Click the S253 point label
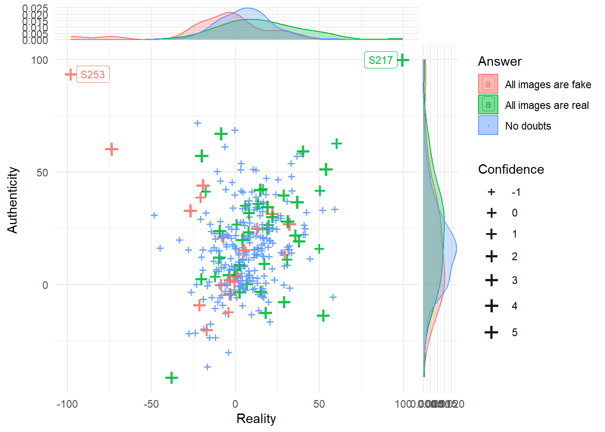[x=93, y=75]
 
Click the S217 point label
[x=380, y=60]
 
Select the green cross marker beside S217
[x=403, y=59]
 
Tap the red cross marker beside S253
[x=70, y=74]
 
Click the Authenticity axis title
[x=13, y=200]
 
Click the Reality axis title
[x=256, y=418]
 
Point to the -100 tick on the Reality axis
[x=67, y=404]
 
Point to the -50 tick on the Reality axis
[x=151, y=404]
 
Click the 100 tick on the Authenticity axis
[x=40, y=60]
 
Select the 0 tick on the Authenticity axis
[x=45, y=285]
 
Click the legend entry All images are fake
[x=548, y=85]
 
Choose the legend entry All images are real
[x=546, y=105]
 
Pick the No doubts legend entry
[x=528, y=126]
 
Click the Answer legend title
[x=500, y=61]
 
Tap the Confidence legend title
[x=511, y=169]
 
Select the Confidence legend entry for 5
[x=514, y=333]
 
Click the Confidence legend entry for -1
[x=516, y=192]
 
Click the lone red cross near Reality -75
[x=112, y=149]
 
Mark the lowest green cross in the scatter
[x=171, y=378]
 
